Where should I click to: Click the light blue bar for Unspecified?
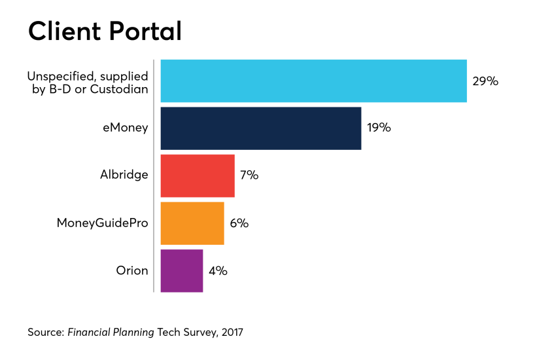pyautogui.click(x=313, y=81)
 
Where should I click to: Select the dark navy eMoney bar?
pyautogui.click(x=260, y=128)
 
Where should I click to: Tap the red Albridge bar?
pyautogui.click(x=197, y=175)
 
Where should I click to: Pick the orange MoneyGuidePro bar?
pyautogui.click(x=192, y=223)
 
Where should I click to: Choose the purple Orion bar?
pyautogui.click(x=181, y=270)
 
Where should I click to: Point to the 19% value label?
pyautogui.click(x=379, y=128)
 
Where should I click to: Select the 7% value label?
pyautogui.click(x=249, y=175)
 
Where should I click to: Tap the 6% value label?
pyautogui.click(x=239, y=223)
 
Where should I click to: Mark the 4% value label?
pyautogui.click(x=218, y=270)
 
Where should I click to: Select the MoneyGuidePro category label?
pyautogui.click(x=102, y=223)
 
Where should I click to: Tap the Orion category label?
pyautogui.click(x=132, y=270)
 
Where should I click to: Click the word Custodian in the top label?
pyautogui.click(x=122, y=88)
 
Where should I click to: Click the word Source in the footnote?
pyautogui.click(x=45, y=333)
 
